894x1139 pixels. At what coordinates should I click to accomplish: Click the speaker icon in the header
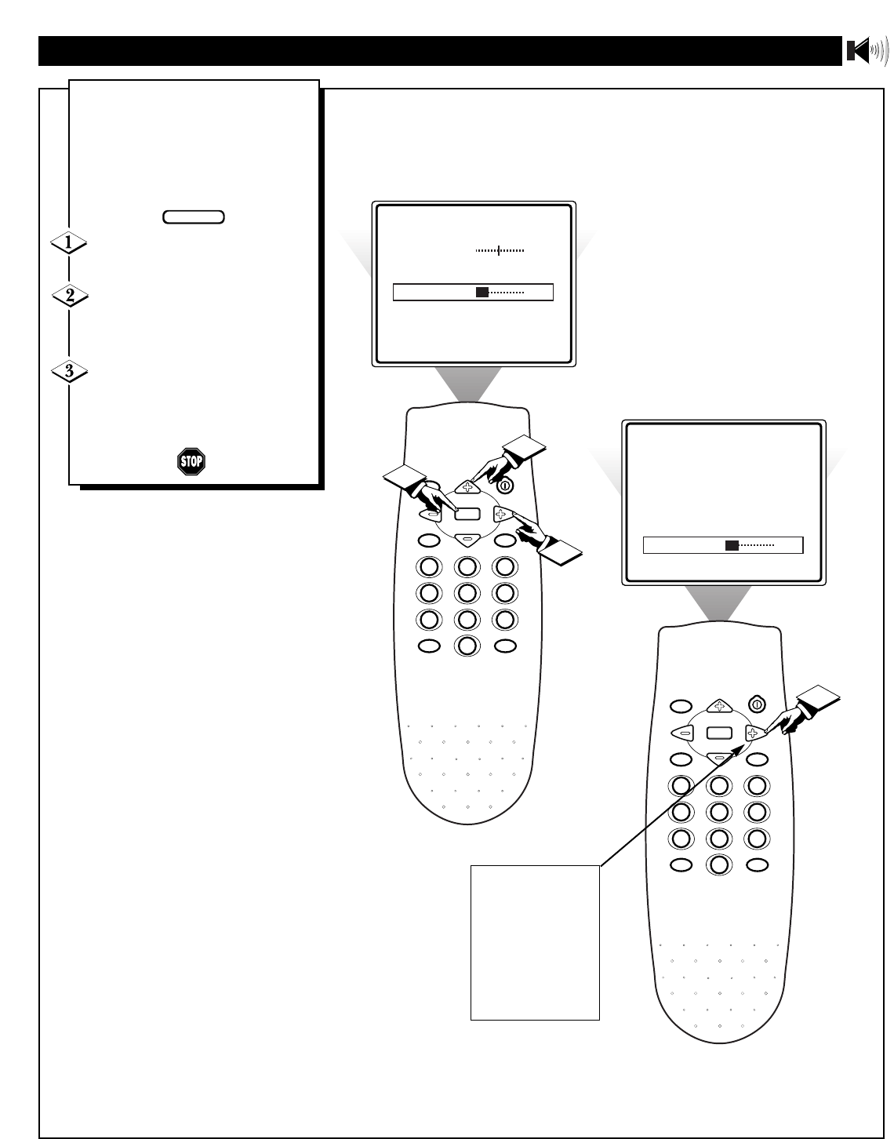click(867, 52)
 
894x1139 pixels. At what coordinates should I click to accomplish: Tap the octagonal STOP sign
click(191, 461)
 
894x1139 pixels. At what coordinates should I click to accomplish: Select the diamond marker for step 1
click(68, 244)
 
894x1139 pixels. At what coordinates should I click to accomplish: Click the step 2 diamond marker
click(68, 297)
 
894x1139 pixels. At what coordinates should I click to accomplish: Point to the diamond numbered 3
click(68, 370)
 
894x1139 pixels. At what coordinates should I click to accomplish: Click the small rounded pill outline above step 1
click(194, 217)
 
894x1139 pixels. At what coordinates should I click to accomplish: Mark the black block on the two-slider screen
click(482, 293)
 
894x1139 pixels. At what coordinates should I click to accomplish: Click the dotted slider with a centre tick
click(500, 251)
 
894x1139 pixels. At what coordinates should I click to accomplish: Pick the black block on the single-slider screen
click(731, 545)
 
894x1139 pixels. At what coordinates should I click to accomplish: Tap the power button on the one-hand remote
click(756, 704)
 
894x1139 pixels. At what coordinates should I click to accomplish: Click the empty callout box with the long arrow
click(535, 942)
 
